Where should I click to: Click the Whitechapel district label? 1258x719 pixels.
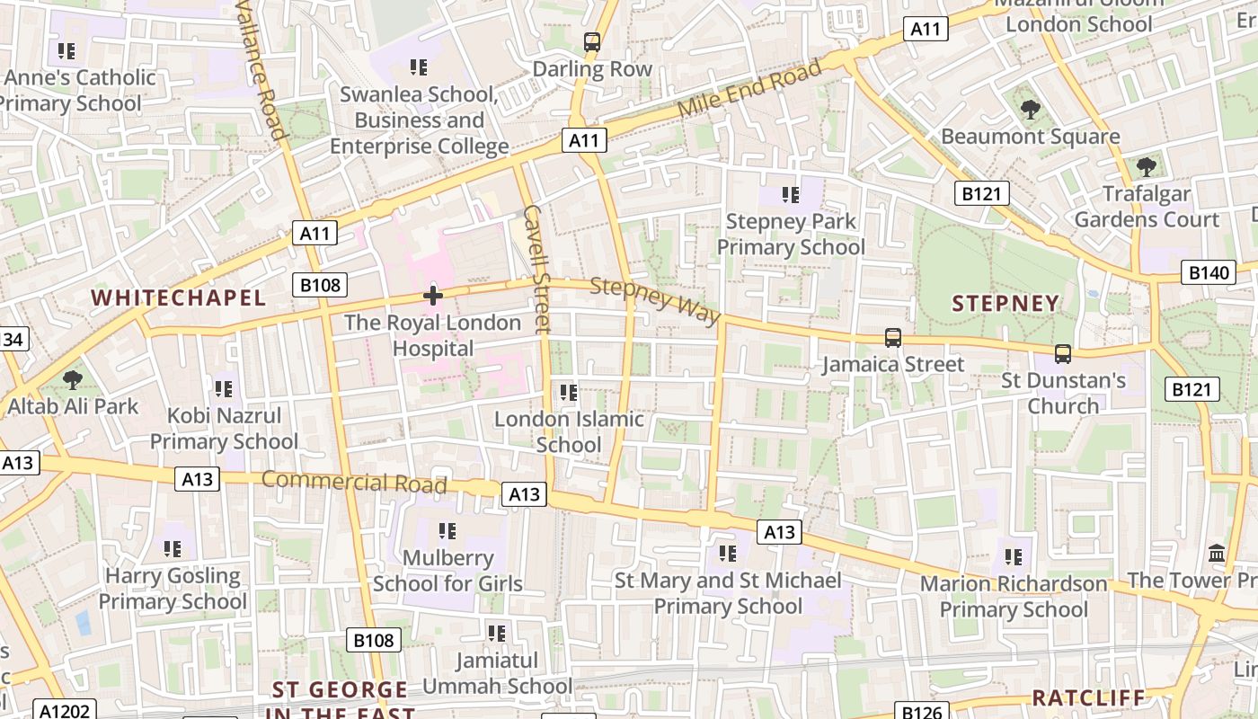(x=179, y=297)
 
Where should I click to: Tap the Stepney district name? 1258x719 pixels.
(x=1006, y=304)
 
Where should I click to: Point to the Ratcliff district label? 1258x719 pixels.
(x=1088, y=698)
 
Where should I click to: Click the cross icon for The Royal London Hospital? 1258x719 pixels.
(x=433, y=295)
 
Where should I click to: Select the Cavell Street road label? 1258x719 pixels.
(x=536, y=269)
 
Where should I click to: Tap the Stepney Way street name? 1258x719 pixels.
(x=656, y=301)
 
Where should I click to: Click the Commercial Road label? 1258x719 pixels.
(x=354, y=482)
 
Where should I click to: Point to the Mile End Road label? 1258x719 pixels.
(x=749, y=88)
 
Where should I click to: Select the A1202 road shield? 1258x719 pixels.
(x=62, y=711)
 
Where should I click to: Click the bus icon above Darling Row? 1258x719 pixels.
(x=591, y=41)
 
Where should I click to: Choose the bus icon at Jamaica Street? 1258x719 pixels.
(x=892, y=338)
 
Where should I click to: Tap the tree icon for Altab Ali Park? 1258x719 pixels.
(x=73, y=380)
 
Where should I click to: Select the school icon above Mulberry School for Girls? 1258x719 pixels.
(x=447, y=531)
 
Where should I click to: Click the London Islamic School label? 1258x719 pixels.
(x=569, y=431)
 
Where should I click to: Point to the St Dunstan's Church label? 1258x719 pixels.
(x=1063, y=393)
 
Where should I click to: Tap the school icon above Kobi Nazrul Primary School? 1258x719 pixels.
(x=223, y=389)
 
